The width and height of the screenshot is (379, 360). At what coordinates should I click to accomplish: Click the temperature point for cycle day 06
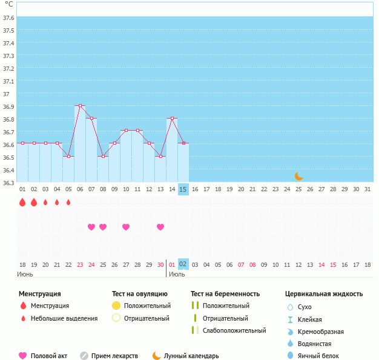[x=80, y=105]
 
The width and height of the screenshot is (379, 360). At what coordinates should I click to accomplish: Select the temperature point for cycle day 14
[x=172, y=118]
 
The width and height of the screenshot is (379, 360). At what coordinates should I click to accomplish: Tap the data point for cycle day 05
[x=68, y=156]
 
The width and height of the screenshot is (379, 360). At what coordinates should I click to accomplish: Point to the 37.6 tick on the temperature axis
[x=9, y=18]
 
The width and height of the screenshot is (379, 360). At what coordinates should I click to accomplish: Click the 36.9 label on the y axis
[x=9, y=106]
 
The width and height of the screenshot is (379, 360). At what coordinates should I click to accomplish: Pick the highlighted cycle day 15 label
[x=183, y=189]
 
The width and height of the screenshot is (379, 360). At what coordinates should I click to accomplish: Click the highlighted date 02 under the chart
[x=183, y=264]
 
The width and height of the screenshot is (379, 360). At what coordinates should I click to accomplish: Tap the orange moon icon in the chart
[x=298, y=176]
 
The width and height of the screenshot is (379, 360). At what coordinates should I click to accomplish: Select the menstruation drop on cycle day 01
[x=22, y=202]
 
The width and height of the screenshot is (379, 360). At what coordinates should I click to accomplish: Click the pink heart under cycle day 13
[x=160, y=227]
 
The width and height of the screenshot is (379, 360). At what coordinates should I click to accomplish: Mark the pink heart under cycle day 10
[x=126, y=227]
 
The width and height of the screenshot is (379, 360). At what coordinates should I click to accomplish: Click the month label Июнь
[x=25, y=274]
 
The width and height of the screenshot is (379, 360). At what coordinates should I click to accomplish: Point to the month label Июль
[x=177, y=274]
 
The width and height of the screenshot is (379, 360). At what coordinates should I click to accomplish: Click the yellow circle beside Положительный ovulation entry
[x=117, y=306]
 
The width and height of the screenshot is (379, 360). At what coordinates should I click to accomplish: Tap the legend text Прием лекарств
[x=114, y=356]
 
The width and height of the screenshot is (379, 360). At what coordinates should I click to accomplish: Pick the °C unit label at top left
[x=9, y=4]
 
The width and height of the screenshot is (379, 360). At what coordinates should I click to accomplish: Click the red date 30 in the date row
[x=160, y=264]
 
